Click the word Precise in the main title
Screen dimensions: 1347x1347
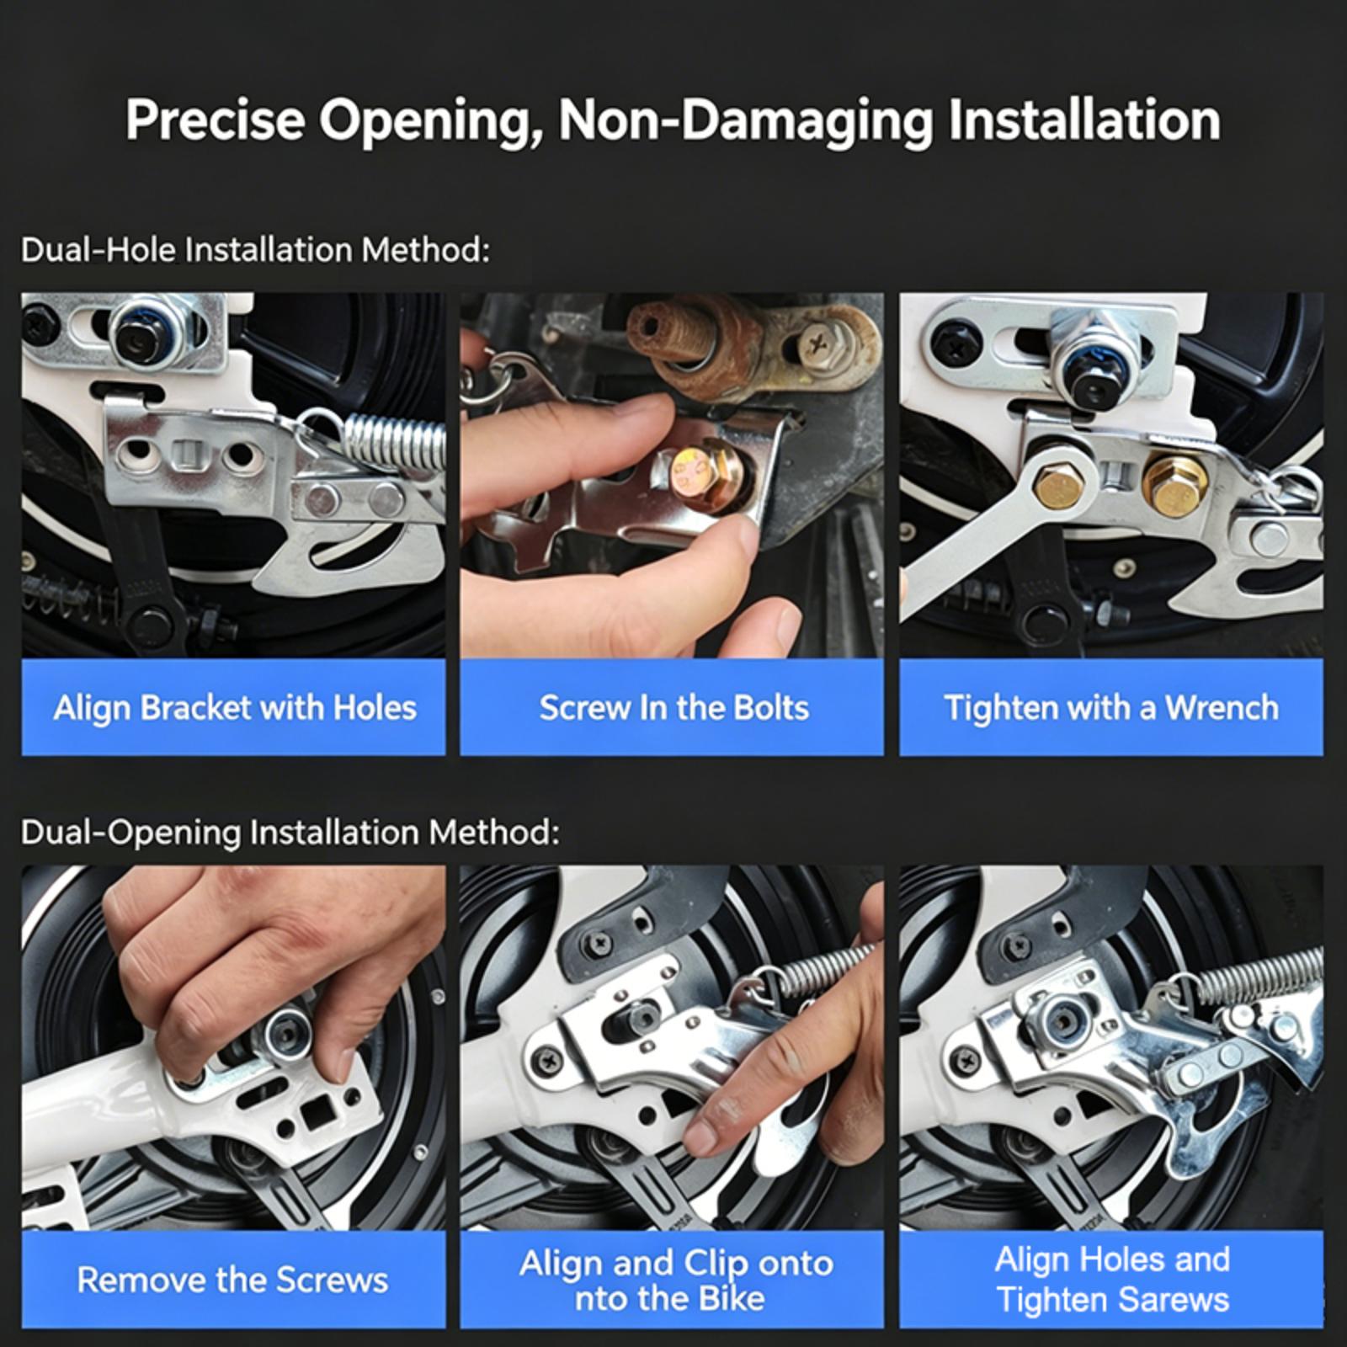[x=216, y=120]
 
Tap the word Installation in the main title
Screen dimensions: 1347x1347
[x=1084, y=120]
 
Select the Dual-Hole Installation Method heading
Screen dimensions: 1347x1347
[x=255, y=250]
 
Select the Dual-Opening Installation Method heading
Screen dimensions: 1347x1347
[x=290, y=833]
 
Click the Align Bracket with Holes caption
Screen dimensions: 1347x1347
[x=234, y=708]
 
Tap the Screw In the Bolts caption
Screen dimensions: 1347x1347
[x=673, y=708]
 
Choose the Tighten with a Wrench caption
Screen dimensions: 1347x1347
[x=1111, y=708]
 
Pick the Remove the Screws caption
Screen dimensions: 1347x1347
[x=232, y=1280]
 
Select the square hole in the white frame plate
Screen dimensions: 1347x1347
[x=318, y=1116]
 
